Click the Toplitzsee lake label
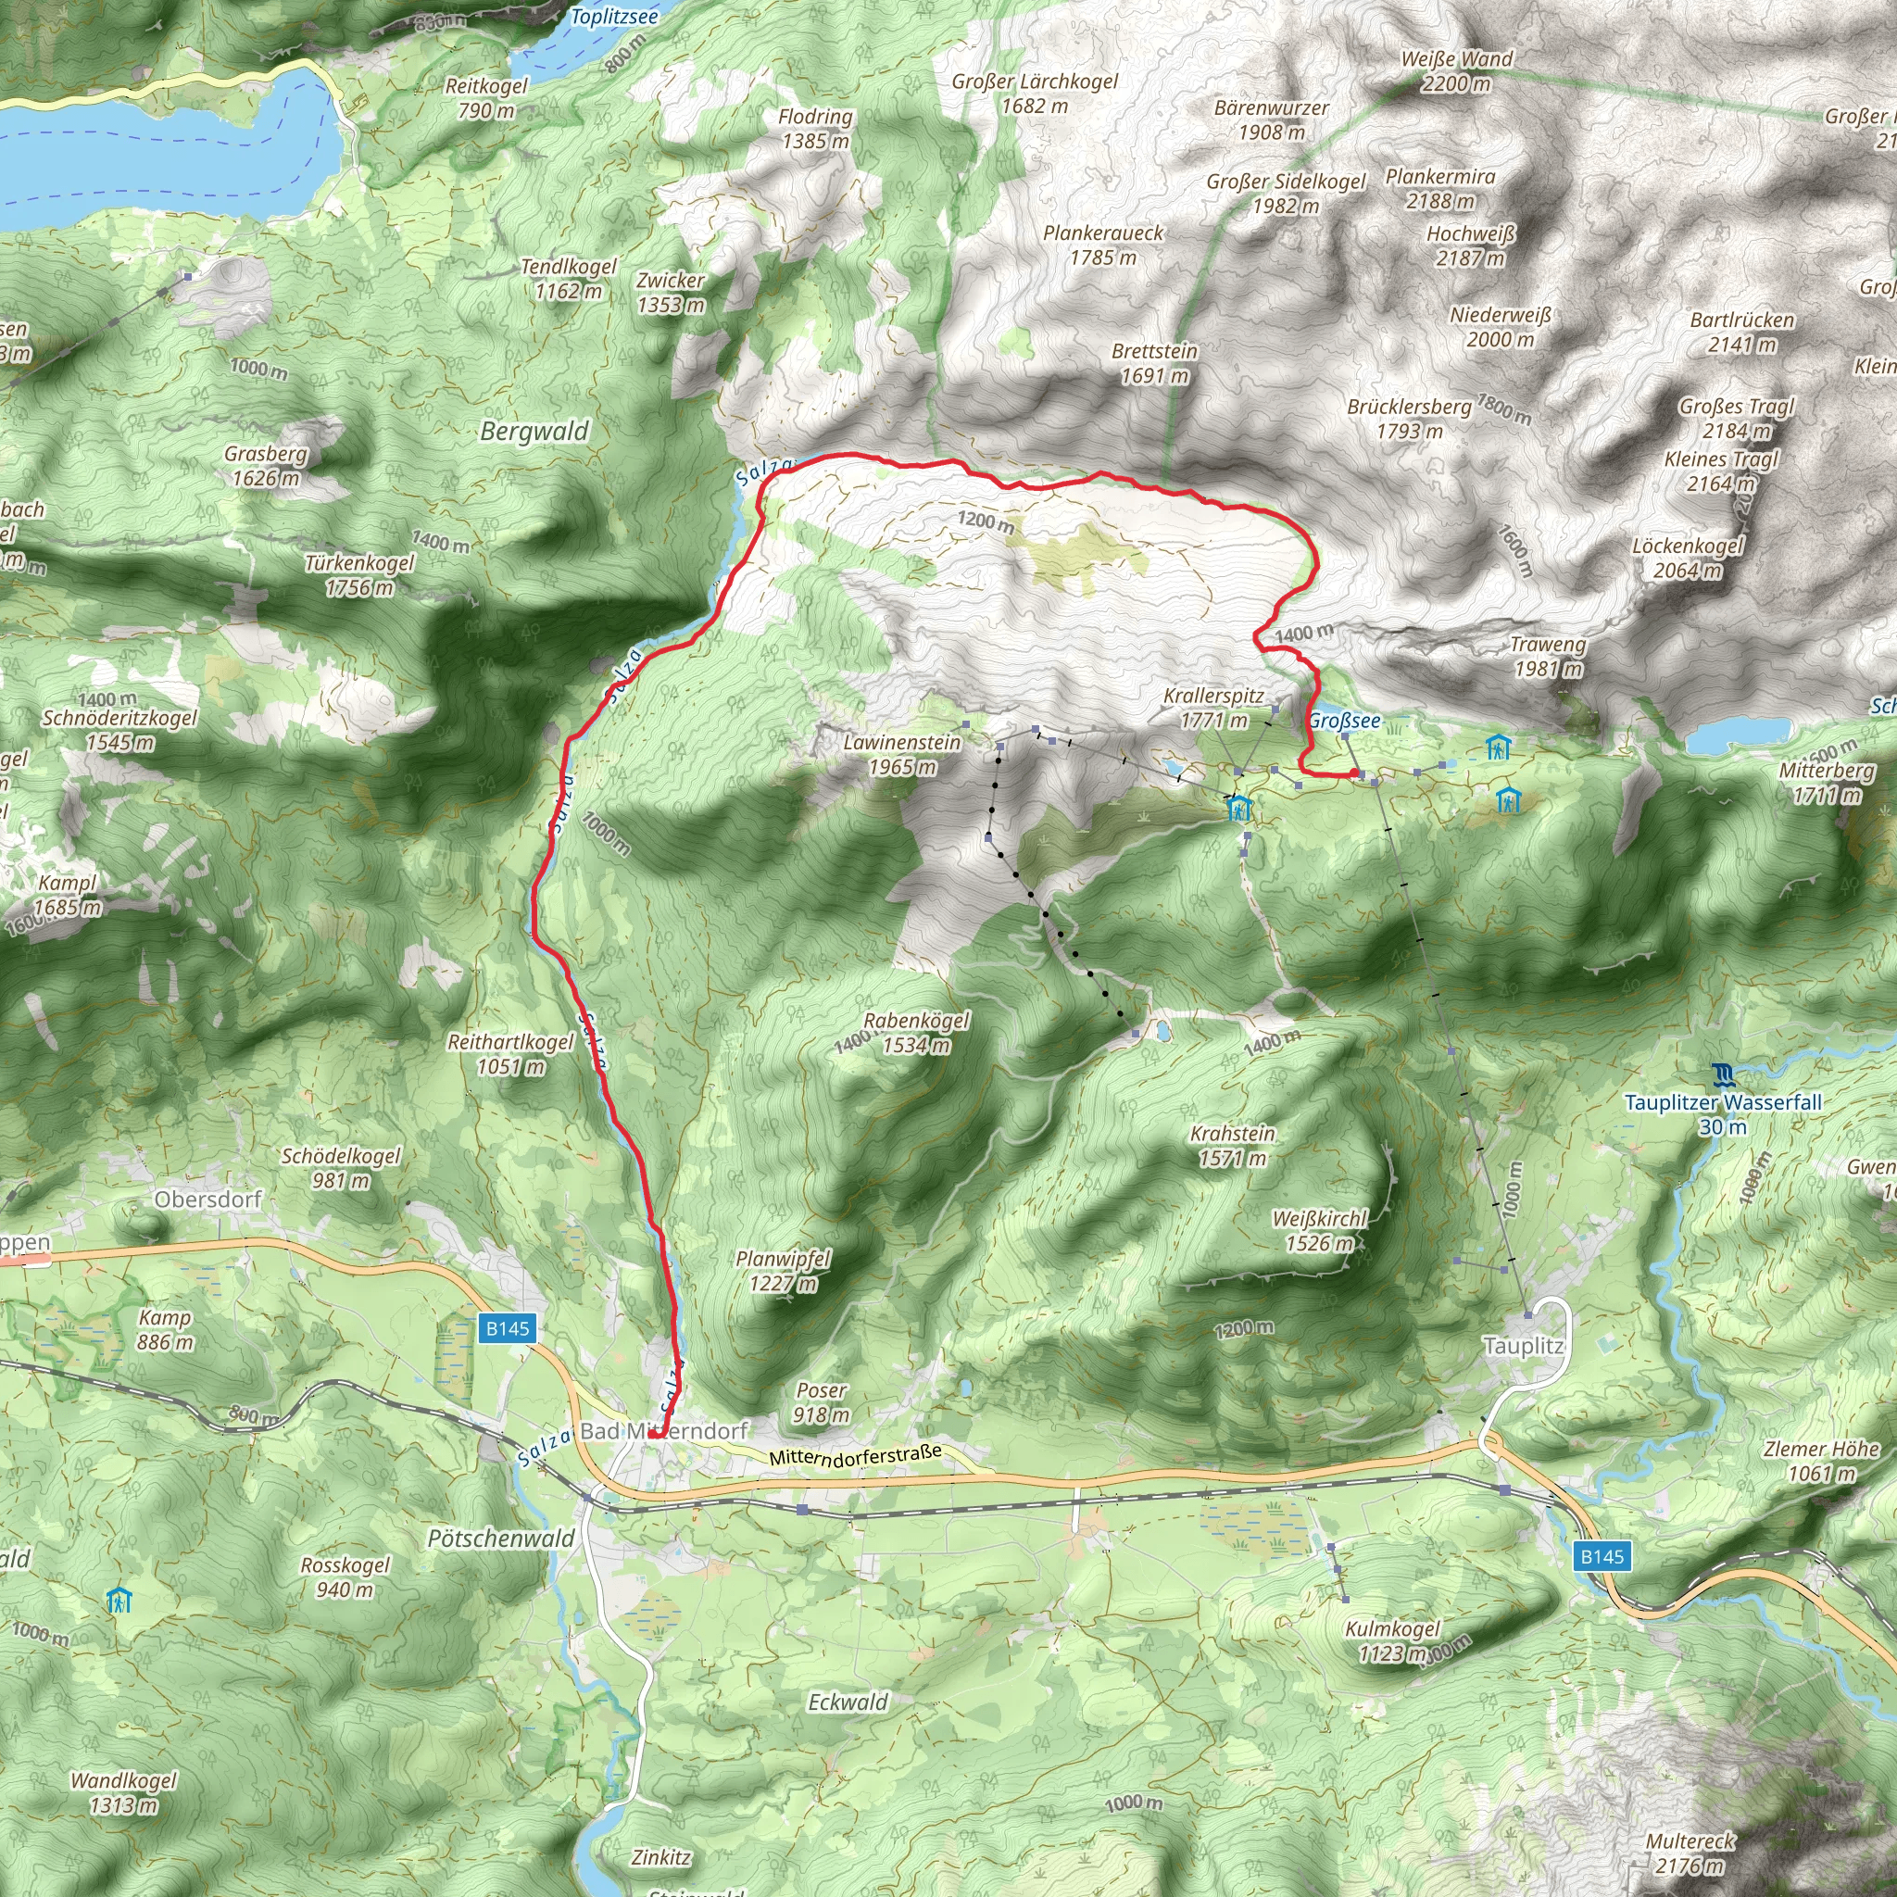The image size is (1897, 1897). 614,17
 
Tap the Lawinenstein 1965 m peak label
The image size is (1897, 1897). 901,754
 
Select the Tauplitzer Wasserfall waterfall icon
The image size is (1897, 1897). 1723,1074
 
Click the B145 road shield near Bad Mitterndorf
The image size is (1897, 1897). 508,1328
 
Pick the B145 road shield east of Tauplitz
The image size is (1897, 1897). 1602,1555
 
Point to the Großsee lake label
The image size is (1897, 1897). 1344,721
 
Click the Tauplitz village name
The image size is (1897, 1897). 1523,1346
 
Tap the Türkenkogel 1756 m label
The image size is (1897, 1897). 359,574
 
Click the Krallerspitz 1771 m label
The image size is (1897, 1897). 1213,707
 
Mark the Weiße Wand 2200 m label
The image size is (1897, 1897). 1456,70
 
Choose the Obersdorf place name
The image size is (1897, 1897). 208,1199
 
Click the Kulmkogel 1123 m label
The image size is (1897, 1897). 1391,1640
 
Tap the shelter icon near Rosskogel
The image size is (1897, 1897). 119,1601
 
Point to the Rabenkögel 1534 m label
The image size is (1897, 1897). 915,1032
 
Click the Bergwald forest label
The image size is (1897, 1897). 534,431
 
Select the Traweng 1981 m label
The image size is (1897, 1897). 1548,656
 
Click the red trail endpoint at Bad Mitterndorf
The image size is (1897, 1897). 653,1434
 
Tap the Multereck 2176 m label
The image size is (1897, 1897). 1690,1853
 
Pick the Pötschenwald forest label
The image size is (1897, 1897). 501,1538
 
